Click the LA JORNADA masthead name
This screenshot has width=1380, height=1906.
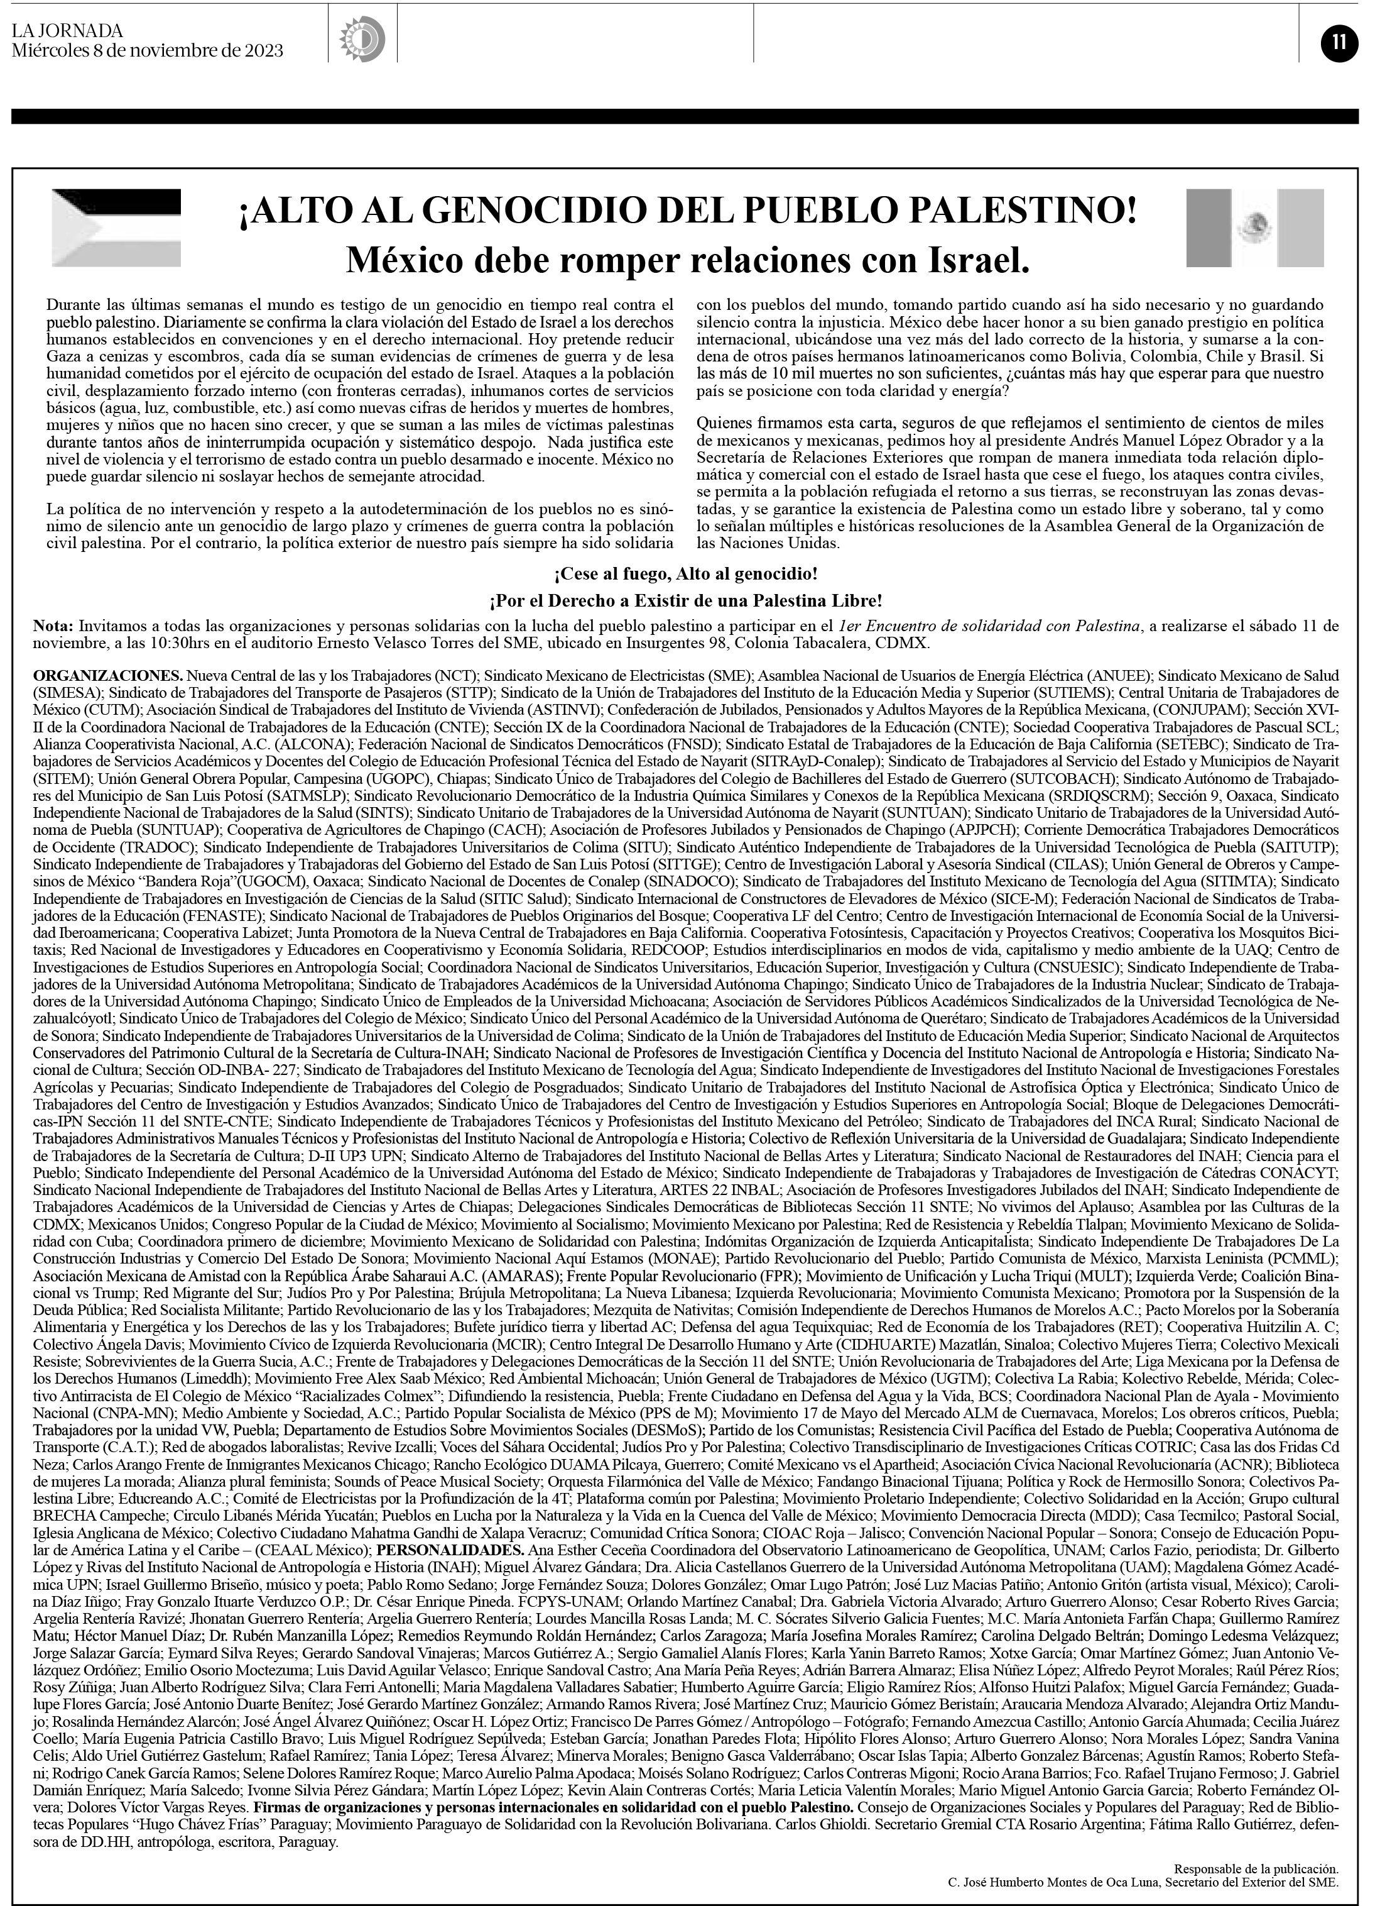[x=67, y=31]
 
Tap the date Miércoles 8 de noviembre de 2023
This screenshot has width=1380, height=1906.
[x=148, y=50]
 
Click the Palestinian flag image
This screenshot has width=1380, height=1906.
[x=116, y=228]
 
